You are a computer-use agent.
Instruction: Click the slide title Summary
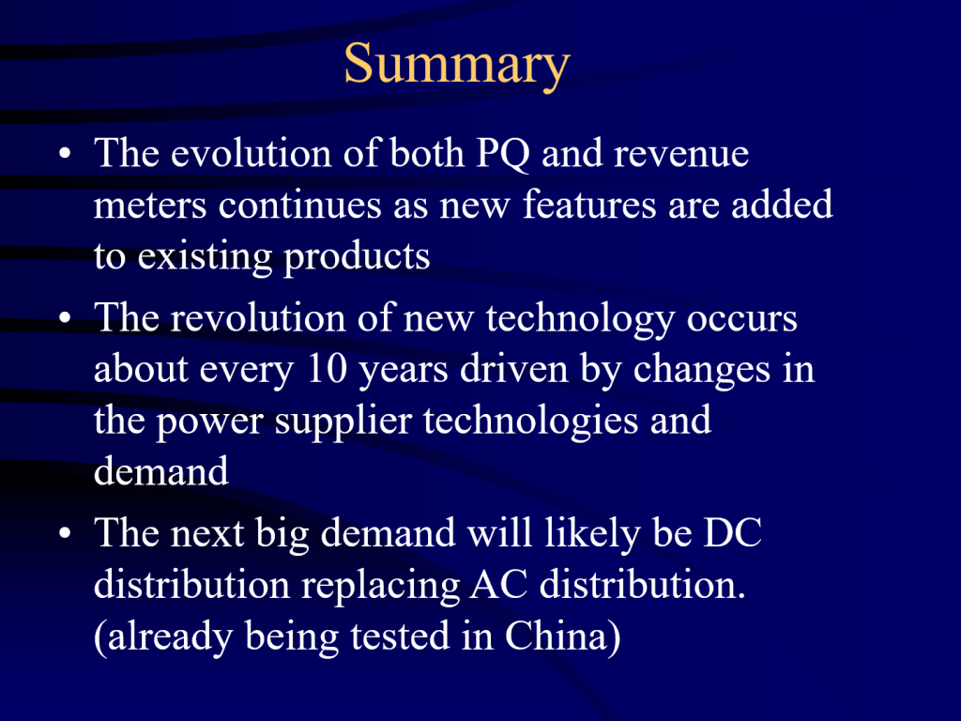457,65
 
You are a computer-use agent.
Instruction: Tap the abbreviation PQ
503,153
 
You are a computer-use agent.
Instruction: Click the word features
589,204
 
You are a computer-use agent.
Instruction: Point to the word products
357,257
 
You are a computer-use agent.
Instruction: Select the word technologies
531,422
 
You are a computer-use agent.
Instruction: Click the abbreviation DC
732,532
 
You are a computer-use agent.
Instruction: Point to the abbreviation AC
499,584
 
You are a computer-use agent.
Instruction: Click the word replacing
381,586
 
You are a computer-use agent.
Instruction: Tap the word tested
400,636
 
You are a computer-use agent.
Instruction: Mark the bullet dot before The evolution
66,153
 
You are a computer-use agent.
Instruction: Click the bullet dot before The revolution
66,318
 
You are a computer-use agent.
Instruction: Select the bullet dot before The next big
66,533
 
